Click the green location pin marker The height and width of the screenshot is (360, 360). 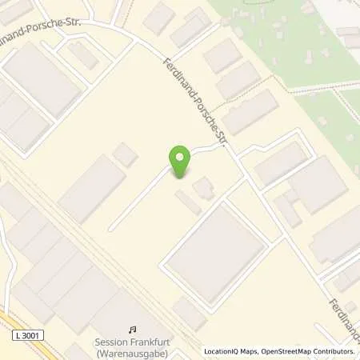click(x=181, y=159)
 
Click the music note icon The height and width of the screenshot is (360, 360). click(x=132, y=329)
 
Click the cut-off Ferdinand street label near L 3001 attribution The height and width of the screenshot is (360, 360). click(x=343, y=315)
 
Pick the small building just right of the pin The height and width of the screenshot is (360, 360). click(x=203, y=188)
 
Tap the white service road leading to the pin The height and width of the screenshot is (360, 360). click(x=144, y=196)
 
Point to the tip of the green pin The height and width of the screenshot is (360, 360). click(x=181, y=177)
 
